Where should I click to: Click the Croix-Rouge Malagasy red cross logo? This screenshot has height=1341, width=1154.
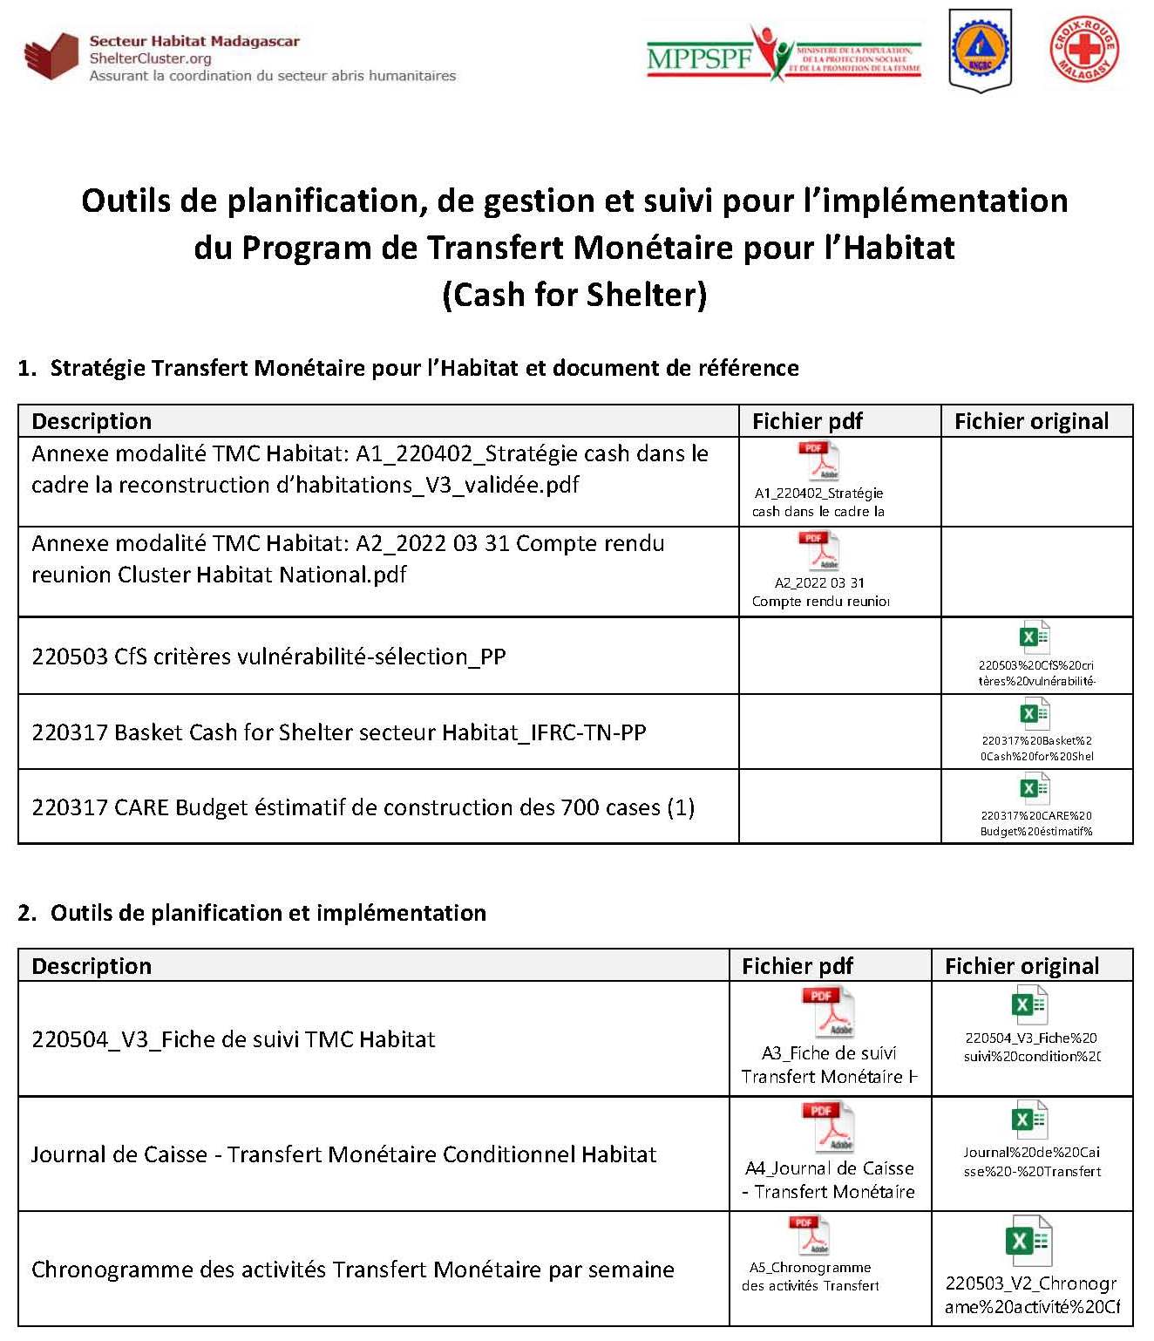point(1083,49)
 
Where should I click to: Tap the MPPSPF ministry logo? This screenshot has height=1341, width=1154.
point(783,54)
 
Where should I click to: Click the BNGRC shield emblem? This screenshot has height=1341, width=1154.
point(981,49)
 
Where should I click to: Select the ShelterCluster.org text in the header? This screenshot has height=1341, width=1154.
point(150,58)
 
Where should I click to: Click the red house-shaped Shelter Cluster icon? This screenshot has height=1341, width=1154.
point(52,57)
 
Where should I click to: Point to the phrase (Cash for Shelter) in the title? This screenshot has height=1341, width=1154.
point(574,295)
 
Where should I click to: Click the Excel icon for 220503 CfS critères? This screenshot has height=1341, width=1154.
point(1035,637)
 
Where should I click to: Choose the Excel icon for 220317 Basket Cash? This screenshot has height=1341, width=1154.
point(1035,714)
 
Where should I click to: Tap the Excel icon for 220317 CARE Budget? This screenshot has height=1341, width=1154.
point(1035,789)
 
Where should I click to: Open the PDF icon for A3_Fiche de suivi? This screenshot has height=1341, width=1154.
point(827,1011)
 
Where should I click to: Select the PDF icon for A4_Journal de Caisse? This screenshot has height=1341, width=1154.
point(827,1127)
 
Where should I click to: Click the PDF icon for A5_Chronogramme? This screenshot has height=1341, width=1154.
point(810,1236)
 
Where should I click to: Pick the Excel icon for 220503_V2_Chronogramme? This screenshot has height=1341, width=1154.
point(1028,1241)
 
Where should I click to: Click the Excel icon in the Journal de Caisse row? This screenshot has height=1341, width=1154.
point(1028,1120)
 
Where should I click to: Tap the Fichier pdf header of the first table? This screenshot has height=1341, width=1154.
point(807,421)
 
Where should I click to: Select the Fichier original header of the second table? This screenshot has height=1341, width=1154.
point(1022,966)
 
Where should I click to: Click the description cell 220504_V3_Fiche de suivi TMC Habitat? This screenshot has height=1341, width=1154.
point(234,1039)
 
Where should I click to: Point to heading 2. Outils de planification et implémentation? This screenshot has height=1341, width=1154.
point(252,913)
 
